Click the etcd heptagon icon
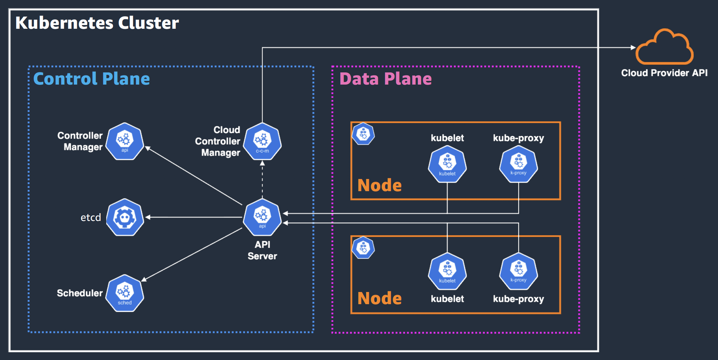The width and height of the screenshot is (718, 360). point(125,217)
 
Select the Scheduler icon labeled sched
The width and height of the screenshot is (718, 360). point(125,293)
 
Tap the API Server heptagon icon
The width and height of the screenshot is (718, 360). point(262,217)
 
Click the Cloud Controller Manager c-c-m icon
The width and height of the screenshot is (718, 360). point(262,141)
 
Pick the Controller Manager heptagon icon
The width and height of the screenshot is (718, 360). point(125,141)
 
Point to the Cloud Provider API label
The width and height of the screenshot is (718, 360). point(664,73)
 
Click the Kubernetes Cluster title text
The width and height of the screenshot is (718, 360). point(97,23)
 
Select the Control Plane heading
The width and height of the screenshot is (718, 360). point(91,78)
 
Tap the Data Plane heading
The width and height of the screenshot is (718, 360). point(385,78)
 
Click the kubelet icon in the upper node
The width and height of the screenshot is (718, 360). point(447,164)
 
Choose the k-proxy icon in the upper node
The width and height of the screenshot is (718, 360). point(518,164)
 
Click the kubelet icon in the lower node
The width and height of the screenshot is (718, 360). point(447,271)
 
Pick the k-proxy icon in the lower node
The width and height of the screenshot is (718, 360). point(518,271)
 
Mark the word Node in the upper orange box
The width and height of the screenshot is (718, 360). point(379,185)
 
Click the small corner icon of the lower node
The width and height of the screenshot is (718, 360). point(363,248)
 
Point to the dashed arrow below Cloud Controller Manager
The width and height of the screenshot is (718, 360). point(262,179)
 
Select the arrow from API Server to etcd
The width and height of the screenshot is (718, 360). point(193,217)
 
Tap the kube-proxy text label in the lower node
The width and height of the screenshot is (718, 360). point(518,299)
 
